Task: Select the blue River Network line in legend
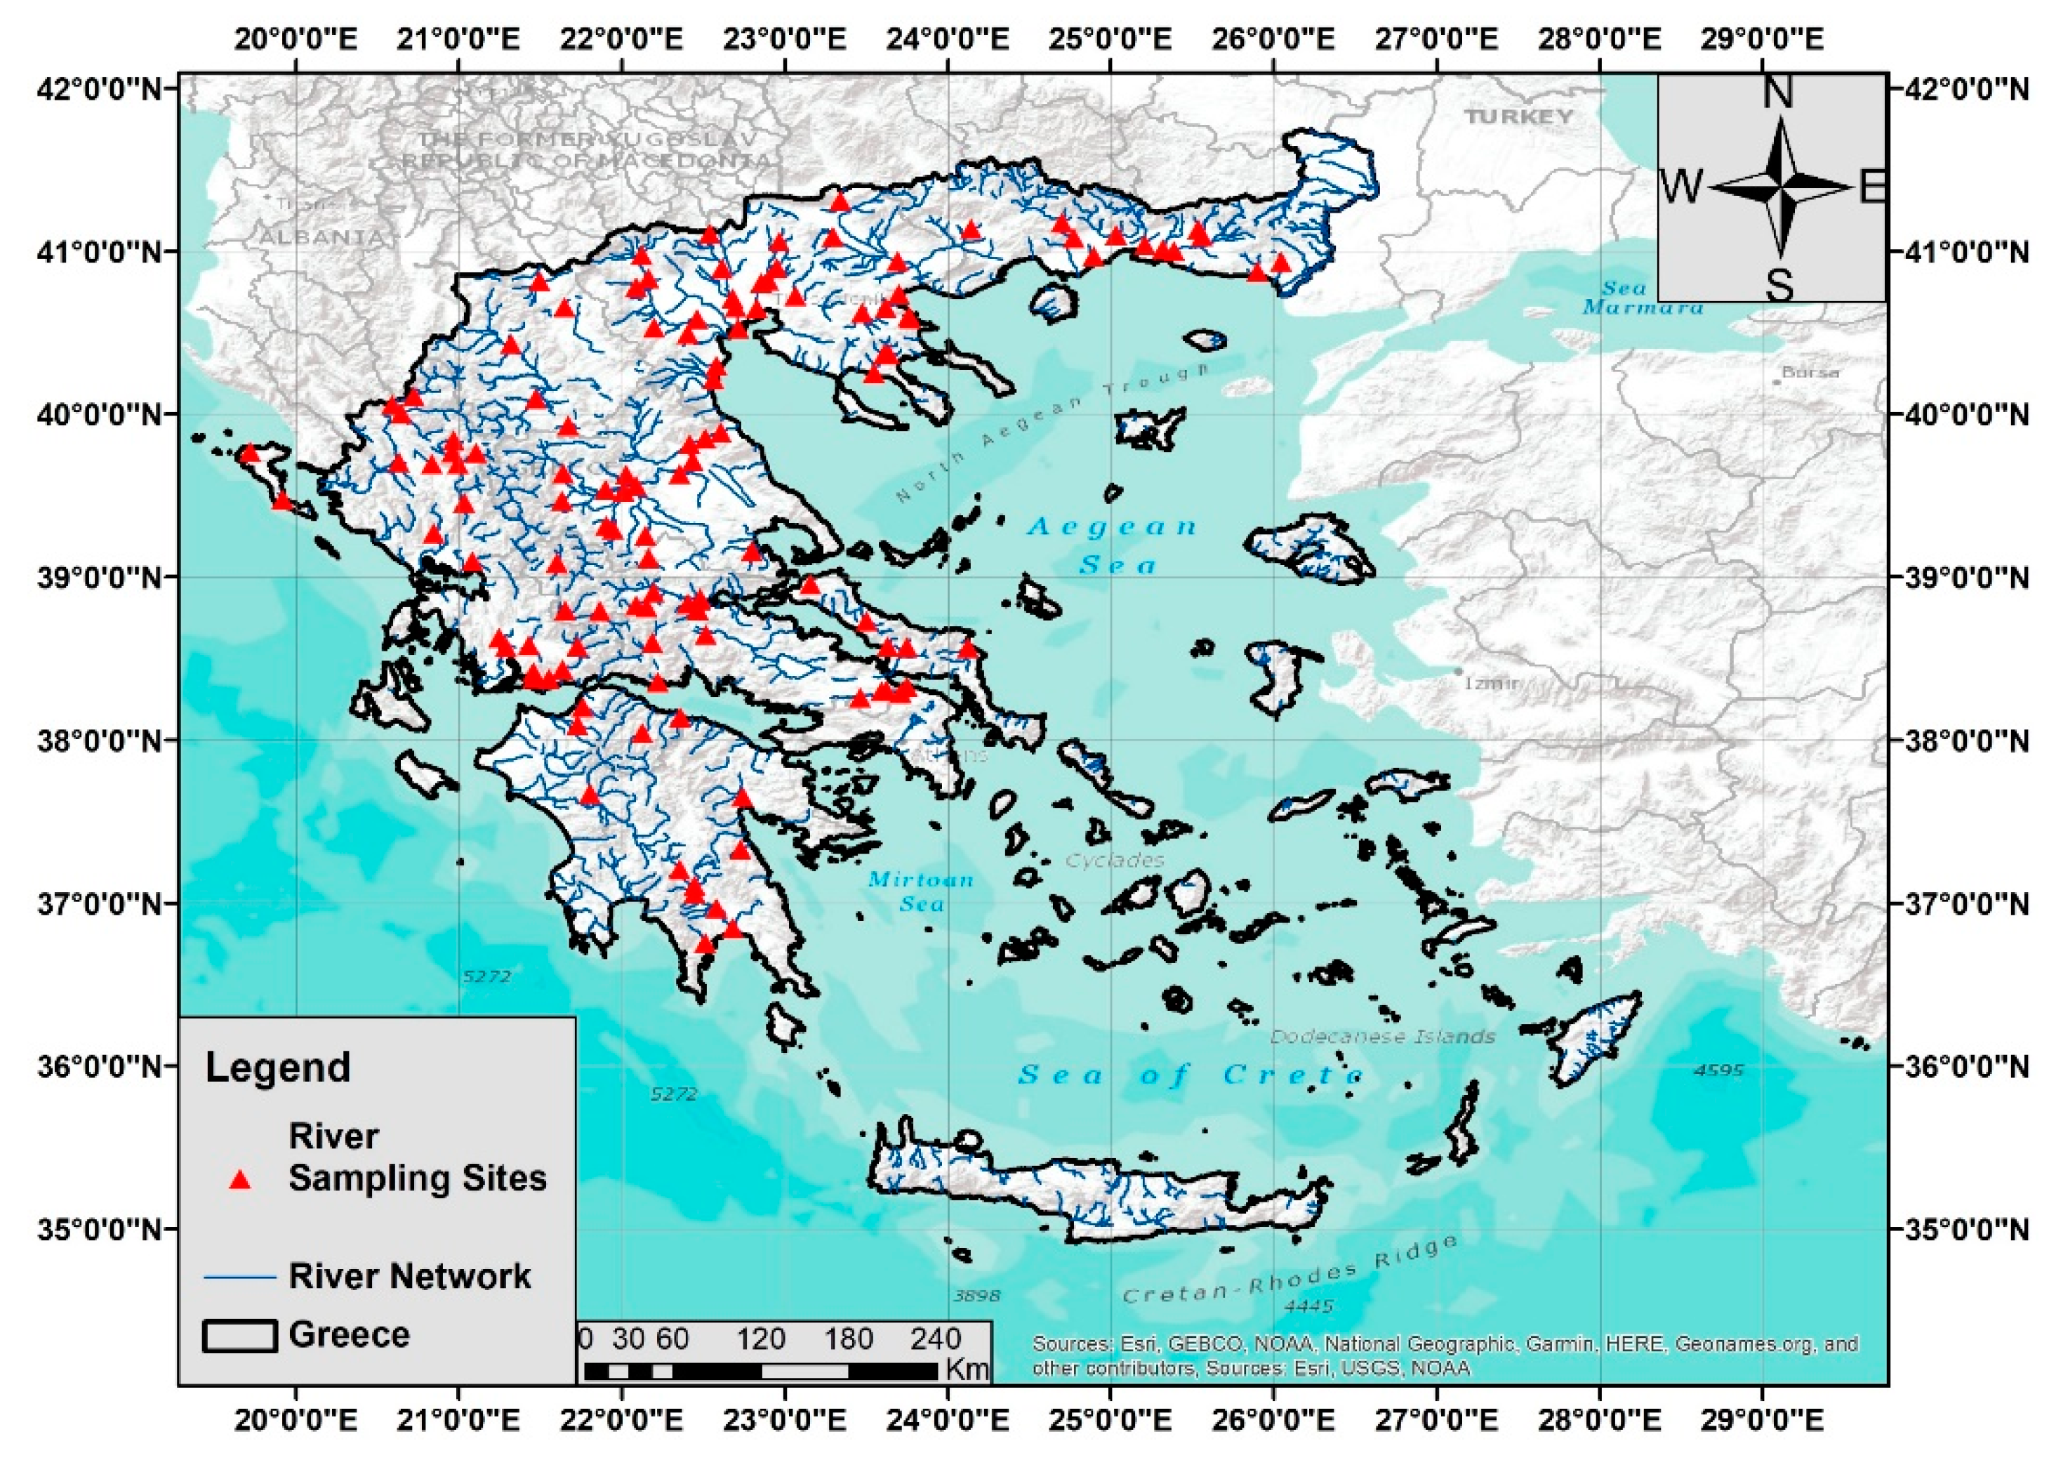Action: click(239, 1276)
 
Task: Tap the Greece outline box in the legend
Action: click(239, 1336)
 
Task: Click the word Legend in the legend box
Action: click(277, 1068)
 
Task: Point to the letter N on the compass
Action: click(1778, 93)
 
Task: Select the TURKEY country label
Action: click(1519, 117)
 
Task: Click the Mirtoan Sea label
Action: click(920, 891)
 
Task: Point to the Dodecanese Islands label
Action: click(1382, 1036)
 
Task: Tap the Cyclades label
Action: click(1115, 860)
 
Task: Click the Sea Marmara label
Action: click(1643, 298)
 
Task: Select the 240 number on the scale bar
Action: click(936, 1338)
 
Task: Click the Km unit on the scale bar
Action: click(967, 1369)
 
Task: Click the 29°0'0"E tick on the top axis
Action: click(1762, 39)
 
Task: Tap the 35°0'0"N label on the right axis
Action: click(1979, 1230)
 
